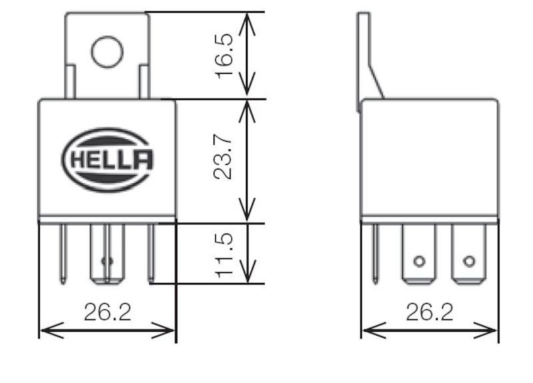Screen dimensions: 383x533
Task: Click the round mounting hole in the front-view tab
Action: pos(107,51)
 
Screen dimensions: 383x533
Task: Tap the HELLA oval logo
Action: pos(107,159)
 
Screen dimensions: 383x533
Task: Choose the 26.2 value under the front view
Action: pos(107,312)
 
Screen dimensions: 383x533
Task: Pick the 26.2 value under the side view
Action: pos(429,312)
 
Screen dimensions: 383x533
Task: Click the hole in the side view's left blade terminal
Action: pos(418,260)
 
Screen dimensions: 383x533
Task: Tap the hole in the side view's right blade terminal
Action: pos(469,260)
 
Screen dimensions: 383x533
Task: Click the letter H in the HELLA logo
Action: pos(75,160)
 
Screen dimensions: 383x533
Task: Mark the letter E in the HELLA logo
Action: pos(93,160)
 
